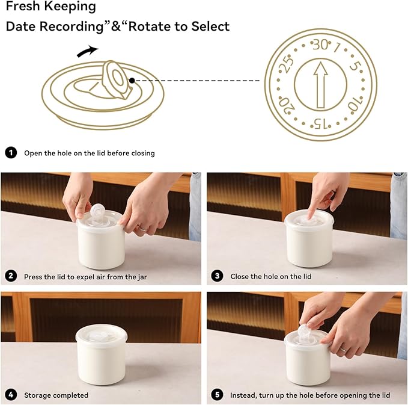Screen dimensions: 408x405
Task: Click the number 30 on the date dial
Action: pos(320,45)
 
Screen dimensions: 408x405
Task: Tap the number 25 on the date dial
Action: pos(286,64)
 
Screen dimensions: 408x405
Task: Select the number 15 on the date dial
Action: pos(321,123)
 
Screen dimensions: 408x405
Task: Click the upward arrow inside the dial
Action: pos(321,85)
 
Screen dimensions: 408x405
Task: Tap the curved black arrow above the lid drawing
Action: pos(88,51)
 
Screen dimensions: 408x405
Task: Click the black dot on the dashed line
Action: pos(132,81)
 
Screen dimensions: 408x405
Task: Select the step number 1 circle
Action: pos(11,153)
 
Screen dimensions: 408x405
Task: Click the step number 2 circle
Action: pos(11,276)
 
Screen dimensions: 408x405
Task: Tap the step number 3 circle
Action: pos(218,276)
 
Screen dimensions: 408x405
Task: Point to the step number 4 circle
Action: pos(11,395)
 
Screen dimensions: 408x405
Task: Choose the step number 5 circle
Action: pos(218,395)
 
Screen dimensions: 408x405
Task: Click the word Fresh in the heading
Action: pos(23,6)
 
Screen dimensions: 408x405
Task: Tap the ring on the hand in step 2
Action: pos(142,229)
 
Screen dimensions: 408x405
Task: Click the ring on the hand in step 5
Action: pos(344,349)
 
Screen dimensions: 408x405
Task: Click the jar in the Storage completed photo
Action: pos(101,354)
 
